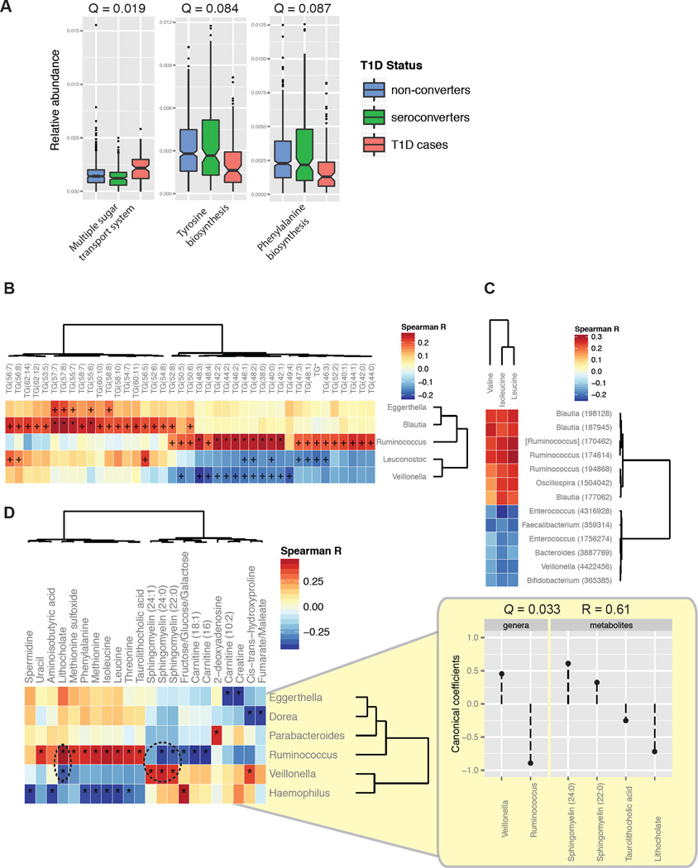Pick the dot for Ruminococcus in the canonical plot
[529, 762]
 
